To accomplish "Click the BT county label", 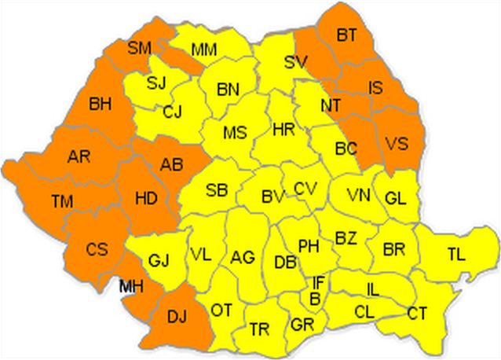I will click(346, 35).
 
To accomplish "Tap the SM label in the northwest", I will click(139, 49).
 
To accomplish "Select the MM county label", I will click(204, 50).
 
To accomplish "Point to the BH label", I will click(101, 102).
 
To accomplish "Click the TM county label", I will click(62, 202).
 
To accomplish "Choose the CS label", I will click(97, 249).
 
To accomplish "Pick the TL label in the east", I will click(455, 254).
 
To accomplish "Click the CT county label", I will click(417, 314).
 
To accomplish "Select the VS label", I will click(397, 144).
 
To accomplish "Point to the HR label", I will click(283, 129).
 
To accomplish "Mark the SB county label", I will click(217, 189).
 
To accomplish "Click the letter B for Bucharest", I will click(314, 298).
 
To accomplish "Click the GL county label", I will click(395, 198).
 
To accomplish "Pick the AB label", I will click(171, 164).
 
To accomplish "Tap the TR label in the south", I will click(259, 329).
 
